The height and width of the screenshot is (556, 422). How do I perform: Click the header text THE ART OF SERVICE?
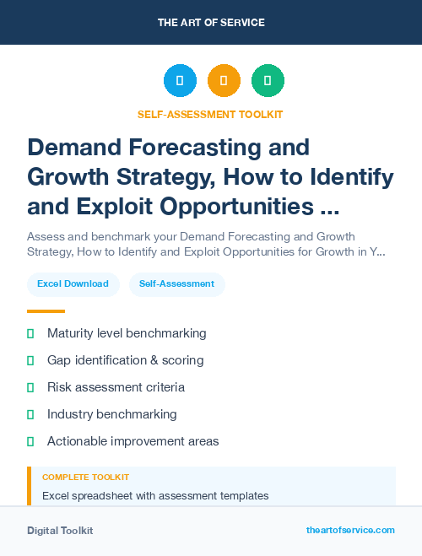pos(211,23)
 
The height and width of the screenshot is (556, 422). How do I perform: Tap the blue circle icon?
pos(180,81)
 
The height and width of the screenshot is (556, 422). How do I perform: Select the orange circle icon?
pos(224,81)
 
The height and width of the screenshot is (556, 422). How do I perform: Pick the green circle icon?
pos(268,81)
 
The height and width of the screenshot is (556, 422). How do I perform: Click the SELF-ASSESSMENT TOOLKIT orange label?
pos(211,114)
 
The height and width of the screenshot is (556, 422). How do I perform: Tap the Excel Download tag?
pos(73,283)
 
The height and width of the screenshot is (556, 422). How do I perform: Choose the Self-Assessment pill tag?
pos(176,283)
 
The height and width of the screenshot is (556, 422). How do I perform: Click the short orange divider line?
pos(46,311)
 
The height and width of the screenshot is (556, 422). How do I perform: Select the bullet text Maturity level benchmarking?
pos(127,333)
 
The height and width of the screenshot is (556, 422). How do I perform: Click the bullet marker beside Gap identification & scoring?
pos(30,360)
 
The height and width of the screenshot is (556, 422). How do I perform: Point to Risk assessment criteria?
pos(116,387)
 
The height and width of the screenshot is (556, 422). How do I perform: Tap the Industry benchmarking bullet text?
pos(111,414)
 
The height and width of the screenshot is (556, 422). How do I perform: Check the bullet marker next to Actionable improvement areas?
pos(30,441)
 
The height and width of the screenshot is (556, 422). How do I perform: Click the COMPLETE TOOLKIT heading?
pos(85,478)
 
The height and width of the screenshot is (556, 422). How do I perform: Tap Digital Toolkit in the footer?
pos(60,531)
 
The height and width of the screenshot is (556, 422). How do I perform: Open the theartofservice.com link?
pos(350,530)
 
